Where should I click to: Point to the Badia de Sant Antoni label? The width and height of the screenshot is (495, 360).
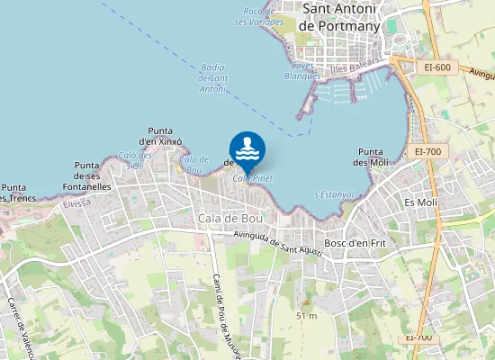(212, 78)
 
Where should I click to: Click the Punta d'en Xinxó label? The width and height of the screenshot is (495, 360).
(160, 136)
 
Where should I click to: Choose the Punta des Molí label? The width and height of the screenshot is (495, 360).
(372, 157)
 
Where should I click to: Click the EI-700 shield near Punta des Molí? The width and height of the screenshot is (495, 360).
(428, 151)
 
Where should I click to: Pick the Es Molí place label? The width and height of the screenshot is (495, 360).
(420, 202)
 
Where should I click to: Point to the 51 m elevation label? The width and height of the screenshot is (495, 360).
(307, 315)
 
